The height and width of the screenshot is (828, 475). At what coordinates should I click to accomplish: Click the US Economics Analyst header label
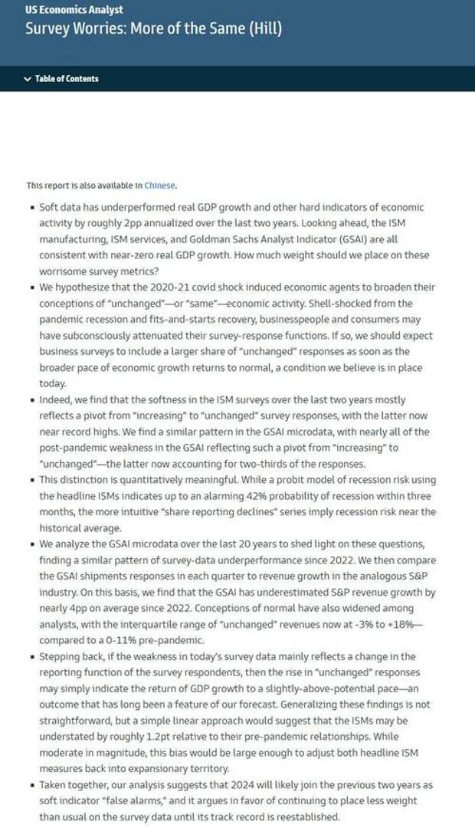pyautogui.click(x=74, y=10)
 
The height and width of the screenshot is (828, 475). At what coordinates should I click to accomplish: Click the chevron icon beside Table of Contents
pyautogui.click(x=28, y=78)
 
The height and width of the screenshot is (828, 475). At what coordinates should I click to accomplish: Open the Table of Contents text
pyautogui.click(x=67, y=78)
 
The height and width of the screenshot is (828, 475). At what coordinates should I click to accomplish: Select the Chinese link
pyautogui.click(x=159, y=185)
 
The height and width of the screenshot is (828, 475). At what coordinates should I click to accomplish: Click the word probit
pyautogui.click(x=310, y=480)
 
